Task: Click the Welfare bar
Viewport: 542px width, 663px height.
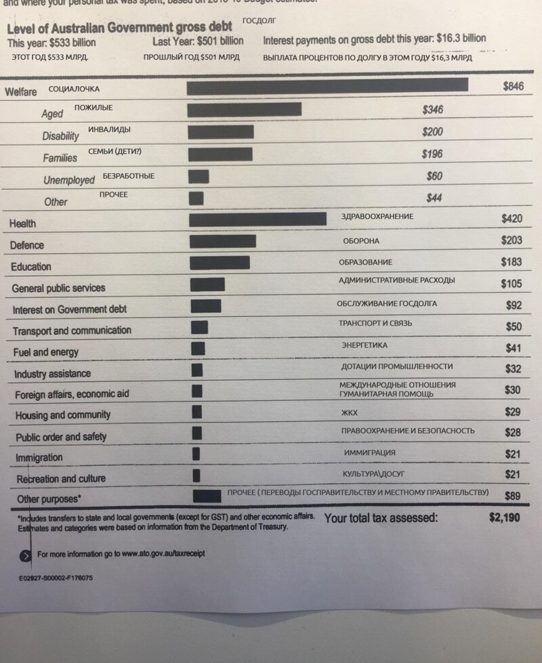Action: coord(327,85)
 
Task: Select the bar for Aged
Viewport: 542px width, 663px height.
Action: coord(244,110)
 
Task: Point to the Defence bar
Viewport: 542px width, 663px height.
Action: coord(223,241)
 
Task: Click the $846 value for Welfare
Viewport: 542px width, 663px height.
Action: coord(513,87)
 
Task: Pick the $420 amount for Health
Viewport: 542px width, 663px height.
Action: coord(512,219)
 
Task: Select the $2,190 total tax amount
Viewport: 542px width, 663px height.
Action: coord(504,518)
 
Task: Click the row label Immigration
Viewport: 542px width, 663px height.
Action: coord(39,458)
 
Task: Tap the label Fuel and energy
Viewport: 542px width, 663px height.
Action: coord(45,352)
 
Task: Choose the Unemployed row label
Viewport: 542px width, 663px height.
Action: coord(69,180)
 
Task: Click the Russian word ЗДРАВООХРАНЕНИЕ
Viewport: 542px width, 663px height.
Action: coord(377,217)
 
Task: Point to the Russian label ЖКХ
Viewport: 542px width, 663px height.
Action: coord(349,412)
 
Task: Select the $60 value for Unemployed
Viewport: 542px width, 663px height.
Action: coord(434,176)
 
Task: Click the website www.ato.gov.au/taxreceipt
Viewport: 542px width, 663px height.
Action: coord(163,554)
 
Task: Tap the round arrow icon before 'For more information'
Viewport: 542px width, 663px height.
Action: coord(25,555)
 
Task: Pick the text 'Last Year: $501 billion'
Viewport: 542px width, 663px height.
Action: coord(198,41)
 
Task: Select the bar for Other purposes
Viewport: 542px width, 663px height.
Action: coord(207,496)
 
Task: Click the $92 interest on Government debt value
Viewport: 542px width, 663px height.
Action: coord(514,305)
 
